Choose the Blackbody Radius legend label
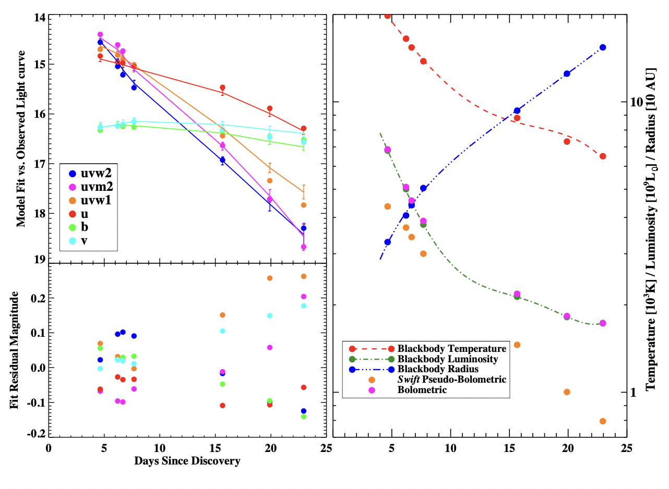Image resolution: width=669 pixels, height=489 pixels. pyautogui.click(x=438, y=369)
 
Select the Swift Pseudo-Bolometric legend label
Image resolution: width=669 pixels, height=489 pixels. pyautogui.click(x=451, y=380)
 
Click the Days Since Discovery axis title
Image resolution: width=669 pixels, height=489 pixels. pyautogui.click(x=187, y=461)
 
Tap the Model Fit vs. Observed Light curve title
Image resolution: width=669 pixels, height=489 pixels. pyautogui.click(x=20, y=139)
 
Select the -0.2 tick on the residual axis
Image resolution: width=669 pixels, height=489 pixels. pyautogui.click(x=37, y=433)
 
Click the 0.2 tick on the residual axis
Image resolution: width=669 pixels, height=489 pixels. pyautogui.click(x=39, y=298)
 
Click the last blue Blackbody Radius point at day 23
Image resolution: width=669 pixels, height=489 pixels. pyautogui.click(x=603, y=47)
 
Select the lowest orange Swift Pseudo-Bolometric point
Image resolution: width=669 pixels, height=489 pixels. pyautogui.click(x=603, y=421)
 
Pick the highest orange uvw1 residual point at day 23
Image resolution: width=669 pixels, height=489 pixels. pyautogui.click(x=304, y=276)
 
